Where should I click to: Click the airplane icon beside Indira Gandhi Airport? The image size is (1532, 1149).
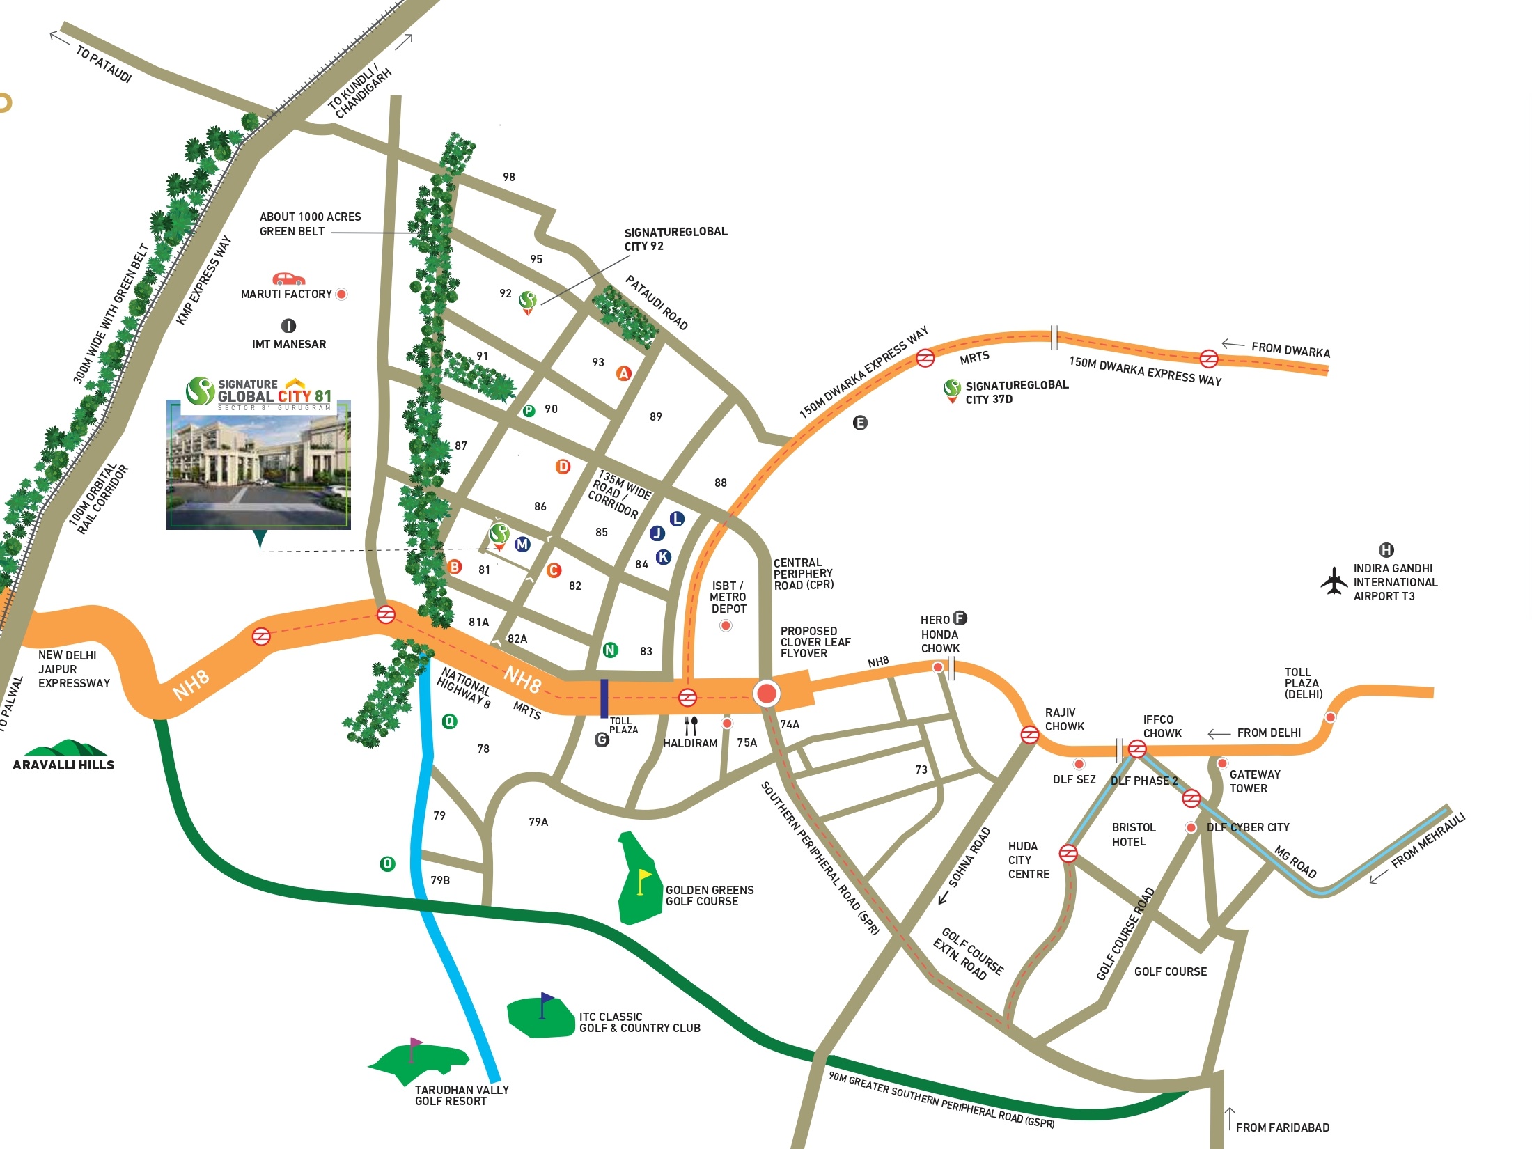click(x=1334, y=581)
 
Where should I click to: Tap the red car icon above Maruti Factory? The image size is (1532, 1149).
click(x=288, y=279)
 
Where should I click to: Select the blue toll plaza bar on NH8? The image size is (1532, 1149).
click(x=604, y=698)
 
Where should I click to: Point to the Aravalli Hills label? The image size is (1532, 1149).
click(x=63, y=765)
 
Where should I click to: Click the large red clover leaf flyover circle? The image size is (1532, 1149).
click(x=766, y=694)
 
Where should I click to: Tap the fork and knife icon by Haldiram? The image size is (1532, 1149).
click(x=691, y=726)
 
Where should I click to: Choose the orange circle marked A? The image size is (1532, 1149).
click(x=624, y=373)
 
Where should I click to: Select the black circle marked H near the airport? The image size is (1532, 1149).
click(x=1386, y=550)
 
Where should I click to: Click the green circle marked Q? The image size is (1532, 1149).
click(x=450, y=721)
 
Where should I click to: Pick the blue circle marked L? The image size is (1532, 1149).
click(x=676, y=519)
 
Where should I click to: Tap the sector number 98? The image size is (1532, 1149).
click(x=509, y=177)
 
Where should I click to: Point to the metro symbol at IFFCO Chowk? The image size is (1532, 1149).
click(x=1137, y=749)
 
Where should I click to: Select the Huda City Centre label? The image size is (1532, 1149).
click(x=1029, y=860)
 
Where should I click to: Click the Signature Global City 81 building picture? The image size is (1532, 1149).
click(x=258, y=464)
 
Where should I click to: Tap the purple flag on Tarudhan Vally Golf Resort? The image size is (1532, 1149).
click(x=415, y=1045)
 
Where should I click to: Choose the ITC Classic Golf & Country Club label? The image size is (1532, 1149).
click(x=639, y=1022)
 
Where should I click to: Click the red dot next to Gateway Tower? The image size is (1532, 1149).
click(x=1222, y=764)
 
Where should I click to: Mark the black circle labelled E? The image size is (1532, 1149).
click(x=860, y=423)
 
